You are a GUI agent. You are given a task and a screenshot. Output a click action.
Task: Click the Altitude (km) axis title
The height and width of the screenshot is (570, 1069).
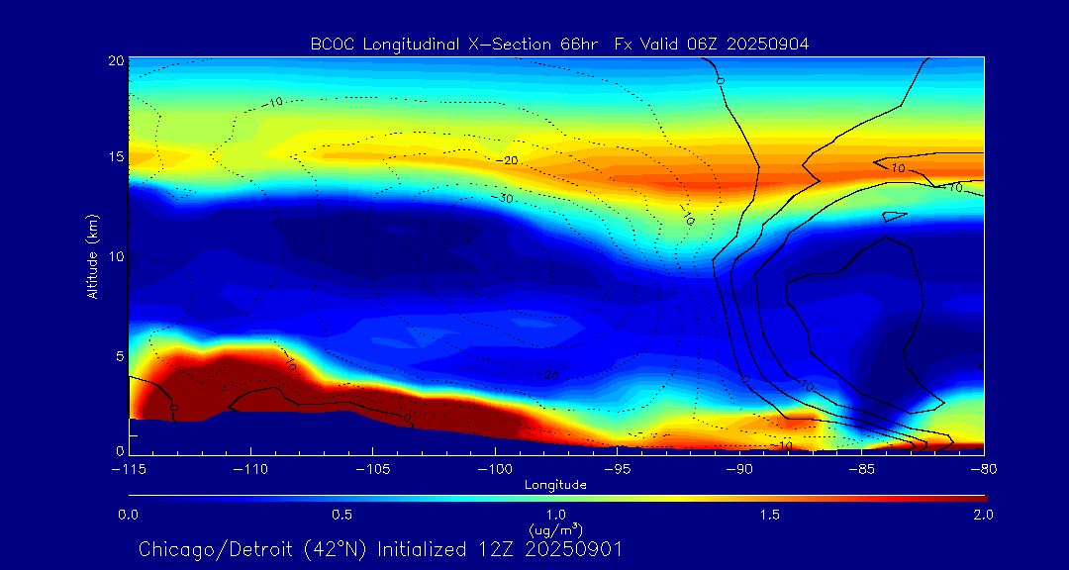point(92,255)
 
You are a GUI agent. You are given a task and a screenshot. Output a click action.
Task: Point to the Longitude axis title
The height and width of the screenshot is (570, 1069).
point(555,485)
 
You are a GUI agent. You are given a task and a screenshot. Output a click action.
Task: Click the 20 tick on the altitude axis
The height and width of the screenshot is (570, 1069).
point(117,60)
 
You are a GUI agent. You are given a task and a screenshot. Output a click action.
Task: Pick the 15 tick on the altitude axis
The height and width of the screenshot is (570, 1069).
point(117,158)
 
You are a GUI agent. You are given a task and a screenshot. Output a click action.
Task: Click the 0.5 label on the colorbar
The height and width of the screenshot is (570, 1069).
point(342,515)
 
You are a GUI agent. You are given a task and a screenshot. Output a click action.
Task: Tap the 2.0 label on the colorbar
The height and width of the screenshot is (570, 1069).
point(983,515)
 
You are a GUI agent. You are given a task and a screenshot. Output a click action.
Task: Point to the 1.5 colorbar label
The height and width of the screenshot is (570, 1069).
point(769,515)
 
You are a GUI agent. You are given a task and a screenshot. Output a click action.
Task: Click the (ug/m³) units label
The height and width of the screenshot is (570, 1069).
point(556,529)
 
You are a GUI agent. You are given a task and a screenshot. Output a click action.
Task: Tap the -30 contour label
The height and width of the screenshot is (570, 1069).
point(506,199)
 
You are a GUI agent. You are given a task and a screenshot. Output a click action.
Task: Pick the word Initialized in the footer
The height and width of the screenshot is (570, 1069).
point(426,549)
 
